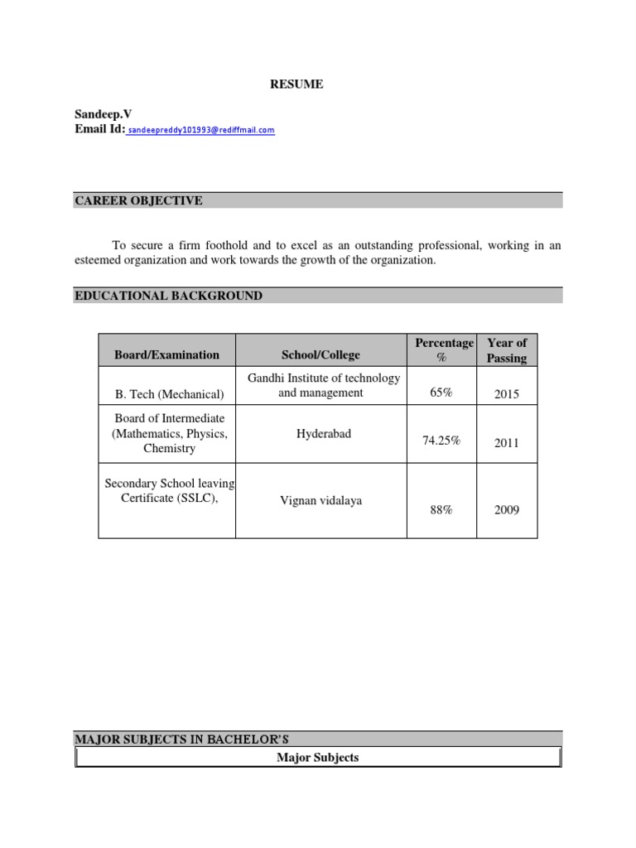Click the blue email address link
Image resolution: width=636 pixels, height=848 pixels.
click(201, 130)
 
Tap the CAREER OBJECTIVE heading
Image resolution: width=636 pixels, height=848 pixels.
click(138, 201)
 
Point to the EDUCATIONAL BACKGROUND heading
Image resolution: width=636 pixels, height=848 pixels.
click(169, 296)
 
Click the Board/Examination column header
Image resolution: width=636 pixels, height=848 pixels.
click(166, 355)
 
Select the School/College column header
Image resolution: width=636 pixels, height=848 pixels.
click(320, 355)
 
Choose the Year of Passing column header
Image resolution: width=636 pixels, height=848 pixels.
click(507, 350)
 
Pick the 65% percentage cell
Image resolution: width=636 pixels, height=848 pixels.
click(441, 393)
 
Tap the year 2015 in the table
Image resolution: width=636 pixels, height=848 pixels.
click(507, 394)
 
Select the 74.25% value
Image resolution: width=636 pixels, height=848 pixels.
click(441, 441)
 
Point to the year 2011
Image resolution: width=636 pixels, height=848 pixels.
click(507, 443)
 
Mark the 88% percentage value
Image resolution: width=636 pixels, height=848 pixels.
click(441, 510)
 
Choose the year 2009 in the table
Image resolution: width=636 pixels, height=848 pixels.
click(507, 510)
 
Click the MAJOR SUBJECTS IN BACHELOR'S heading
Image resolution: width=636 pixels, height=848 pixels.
click(181, 739)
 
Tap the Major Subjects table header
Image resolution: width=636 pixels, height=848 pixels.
click(318, 758)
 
